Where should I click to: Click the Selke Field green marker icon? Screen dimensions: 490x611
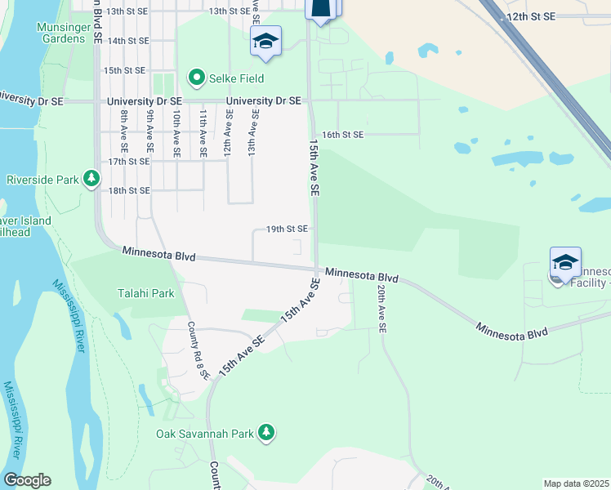click(x=197, y=78)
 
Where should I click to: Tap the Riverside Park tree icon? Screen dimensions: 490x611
click(x=92, y=179)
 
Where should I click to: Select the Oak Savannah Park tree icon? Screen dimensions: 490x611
click(x=265, y=432)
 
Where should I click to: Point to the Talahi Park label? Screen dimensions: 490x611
click(x=146, y=293)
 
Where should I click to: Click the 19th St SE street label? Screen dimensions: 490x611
click(x=287, y=229)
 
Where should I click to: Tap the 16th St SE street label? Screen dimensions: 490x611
click(x=342, y=134)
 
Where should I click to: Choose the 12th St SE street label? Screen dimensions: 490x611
click(x=530, y=16)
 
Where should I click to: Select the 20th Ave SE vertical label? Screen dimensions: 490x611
click(x=381, y=307)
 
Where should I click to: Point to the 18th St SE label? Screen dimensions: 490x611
click(x=129, y=190)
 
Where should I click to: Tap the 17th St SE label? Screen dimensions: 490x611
click(x=129, y=162)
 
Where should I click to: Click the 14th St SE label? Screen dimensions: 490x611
click(x=128, y=40)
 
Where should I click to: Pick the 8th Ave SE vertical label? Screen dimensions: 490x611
click(x=124, y=131)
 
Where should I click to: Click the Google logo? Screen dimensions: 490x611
click(x=26, y=480)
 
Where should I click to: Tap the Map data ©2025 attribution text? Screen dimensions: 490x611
click(x=576, y=483)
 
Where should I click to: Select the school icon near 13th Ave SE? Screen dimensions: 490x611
click(x=265, y=41)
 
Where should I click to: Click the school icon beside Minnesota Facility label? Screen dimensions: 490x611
click(x=565, y=262)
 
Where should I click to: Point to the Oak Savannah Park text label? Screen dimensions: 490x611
click(x=205, y=433)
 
